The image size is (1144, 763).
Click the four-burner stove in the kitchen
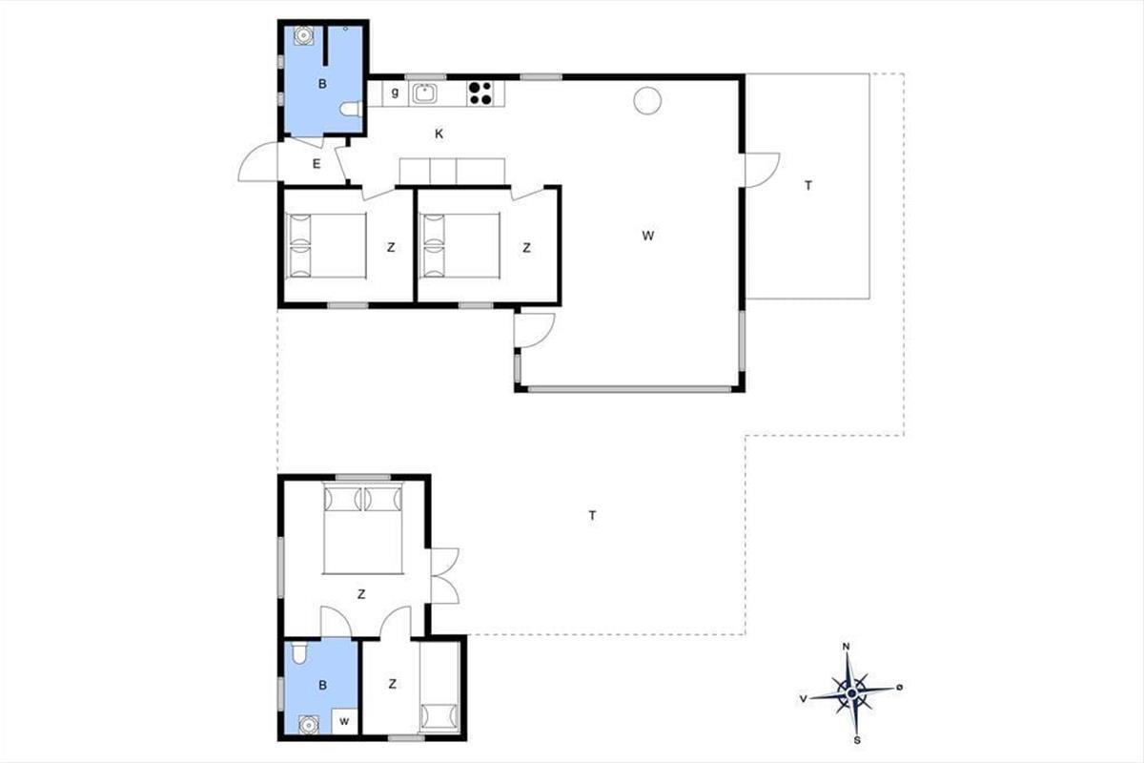point(480,93)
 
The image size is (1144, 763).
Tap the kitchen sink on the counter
point(424,93)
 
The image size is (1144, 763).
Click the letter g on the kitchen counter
point(395,93)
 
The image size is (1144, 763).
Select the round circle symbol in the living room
point(647,100)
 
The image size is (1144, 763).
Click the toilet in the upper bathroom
point(352,109)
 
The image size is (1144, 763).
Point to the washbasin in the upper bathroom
point(304,35)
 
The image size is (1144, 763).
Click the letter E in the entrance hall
point(317,164)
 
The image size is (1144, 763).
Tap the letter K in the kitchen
point(439,134)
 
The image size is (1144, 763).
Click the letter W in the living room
point(647,236)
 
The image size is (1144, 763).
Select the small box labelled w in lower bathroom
point(344,721)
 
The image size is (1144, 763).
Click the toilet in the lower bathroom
point(298,653)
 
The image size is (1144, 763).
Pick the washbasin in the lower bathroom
point(309,724)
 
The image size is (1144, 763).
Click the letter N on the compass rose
point(846,647)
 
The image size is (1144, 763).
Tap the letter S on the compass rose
point(857,740)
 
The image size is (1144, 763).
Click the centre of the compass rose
point(851,693)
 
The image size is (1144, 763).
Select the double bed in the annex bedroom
point(362,529)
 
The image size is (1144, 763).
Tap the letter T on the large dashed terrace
point(592,515)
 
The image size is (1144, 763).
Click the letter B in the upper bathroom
point(322,84)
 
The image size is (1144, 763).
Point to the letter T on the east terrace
point(808,186)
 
